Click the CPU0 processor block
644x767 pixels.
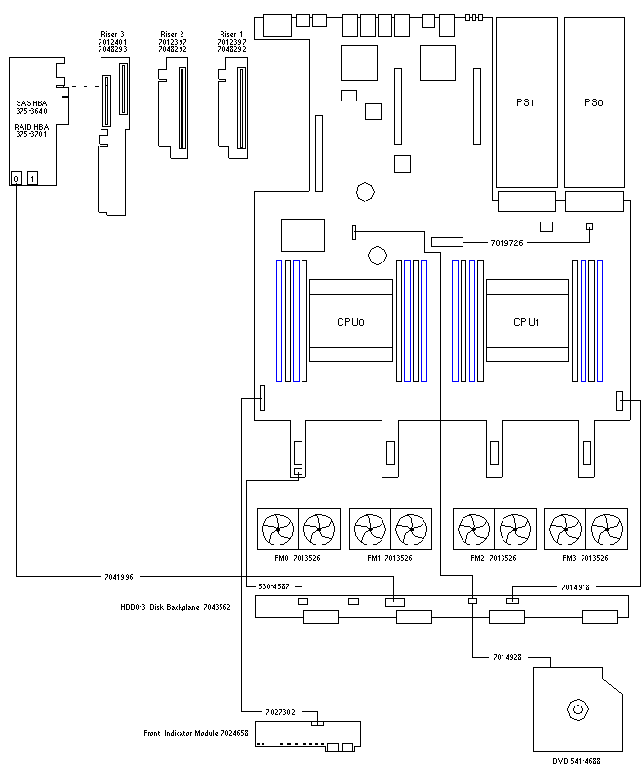350,321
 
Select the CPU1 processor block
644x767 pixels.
527,321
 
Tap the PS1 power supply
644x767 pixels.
524,101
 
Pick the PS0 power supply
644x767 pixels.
593,101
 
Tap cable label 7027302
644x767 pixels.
280,712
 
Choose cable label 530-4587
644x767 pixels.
272,587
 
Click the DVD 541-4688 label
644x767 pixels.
582,759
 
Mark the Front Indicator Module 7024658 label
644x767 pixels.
195,733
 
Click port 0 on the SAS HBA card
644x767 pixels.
17,178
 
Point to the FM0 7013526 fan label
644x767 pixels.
297,558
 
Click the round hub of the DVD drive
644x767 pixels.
578,709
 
